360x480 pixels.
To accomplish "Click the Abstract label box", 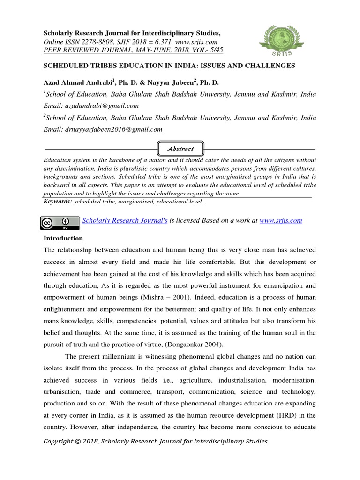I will pyautogui.click(x=181, y=149).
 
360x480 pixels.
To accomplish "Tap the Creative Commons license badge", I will pyautogui.click(x=60, y=223).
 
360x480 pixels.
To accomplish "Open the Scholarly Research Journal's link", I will pyautogui.click(x=125, y=220).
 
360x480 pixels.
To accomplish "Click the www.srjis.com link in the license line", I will pyautogui.click(x=281, y=220).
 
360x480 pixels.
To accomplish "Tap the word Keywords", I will pyautogui.click(x=58, y=202).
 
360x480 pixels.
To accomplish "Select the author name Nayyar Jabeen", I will pyautogui.click(x=172, y=82).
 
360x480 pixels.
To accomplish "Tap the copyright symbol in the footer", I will pyautogui.click(x=78, y=442).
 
